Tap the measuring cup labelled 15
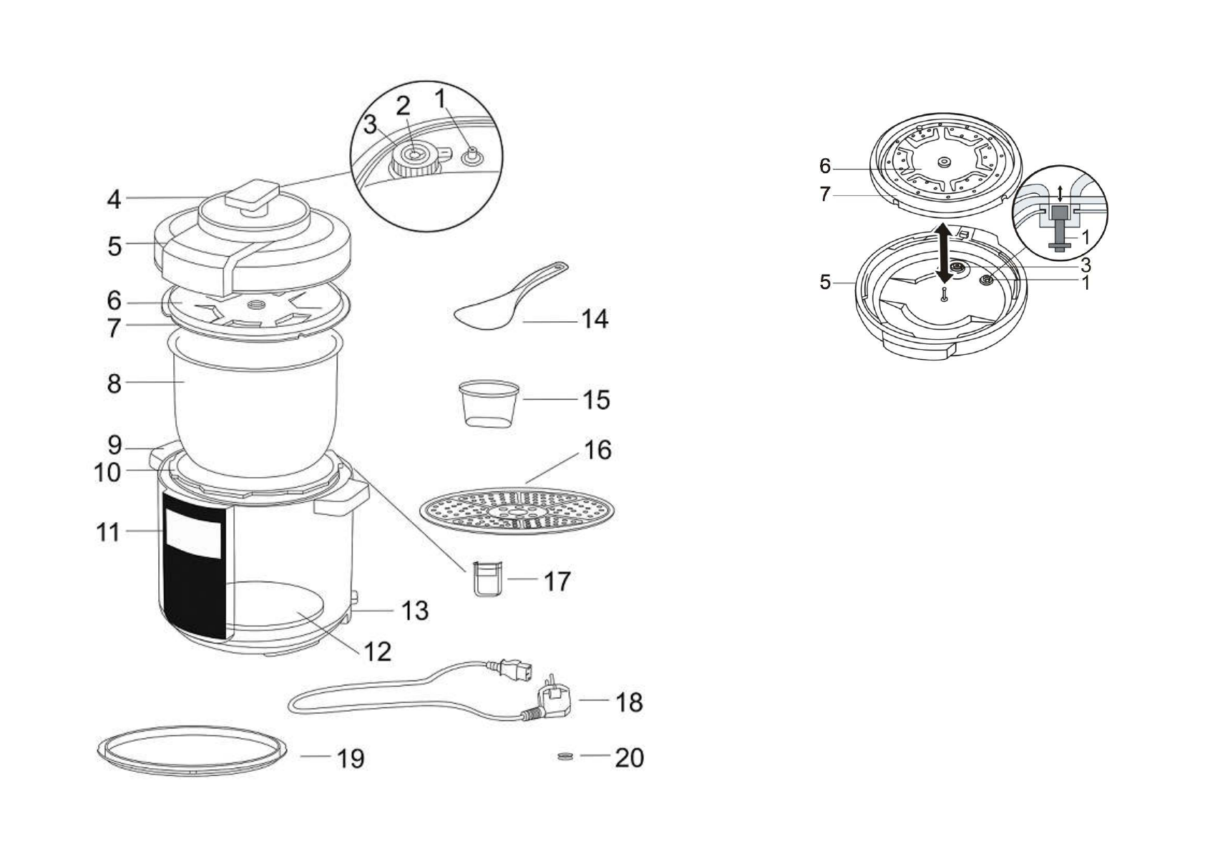[x=488, y=403]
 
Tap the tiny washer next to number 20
[x=565, y=756]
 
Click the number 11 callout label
[x=108, y=532]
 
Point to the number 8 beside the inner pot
[x=114, y=383]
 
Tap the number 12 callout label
[x=377, y=651]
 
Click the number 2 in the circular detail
[x=404, y=106]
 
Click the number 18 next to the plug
[x=629, y=702]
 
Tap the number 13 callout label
[x=414, y=610]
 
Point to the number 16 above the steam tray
[x=597, y=450]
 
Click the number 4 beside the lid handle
[x=114, y=200]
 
